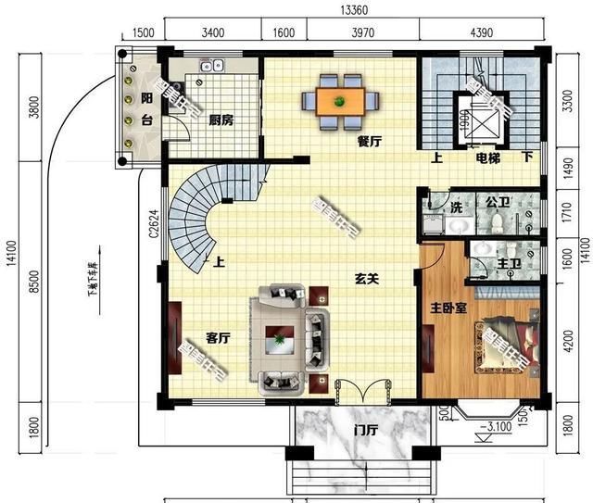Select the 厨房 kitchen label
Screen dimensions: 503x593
221,120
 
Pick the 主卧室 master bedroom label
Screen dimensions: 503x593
447,307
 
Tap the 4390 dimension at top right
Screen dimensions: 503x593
481,33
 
